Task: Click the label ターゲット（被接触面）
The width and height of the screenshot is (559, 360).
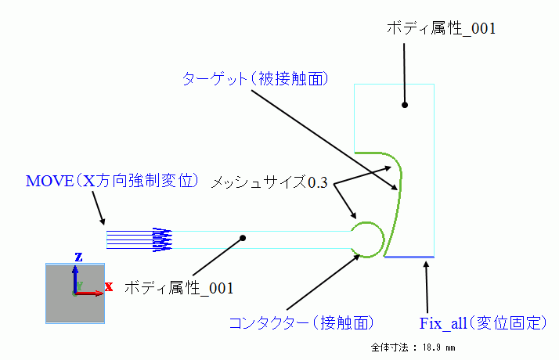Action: click(x=254, y=79)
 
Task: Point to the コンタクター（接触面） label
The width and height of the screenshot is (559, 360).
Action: click(x=301, y=322)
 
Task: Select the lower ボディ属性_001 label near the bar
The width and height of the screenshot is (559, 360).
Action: click(x=179, y=288)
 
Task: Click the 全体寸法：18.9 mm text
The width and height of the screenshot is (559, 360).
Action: click(x=413, y=346)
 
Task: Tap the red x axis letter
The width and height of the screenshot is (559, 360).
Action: click(x=109, y=286)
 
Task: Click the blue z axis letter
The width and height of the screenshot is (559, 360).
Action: click(x=78, y=257)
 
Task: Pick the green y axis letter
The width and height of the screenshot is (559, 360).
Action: click(x=79, y=286)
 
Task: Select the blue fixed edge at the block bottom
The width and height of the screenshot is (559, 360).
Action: click(x=409, y=257)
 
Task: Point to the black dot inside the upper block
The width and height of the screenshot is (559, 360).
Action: click(x=405, y=104)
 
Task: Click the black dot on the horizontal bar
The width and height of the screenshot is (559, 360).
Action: click(x=243, y=238)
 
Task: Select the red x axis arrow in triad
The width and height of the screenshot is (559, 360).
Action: click(x=91, y=293)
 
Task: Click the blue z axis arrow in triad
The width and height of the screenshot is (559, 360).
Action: click(x=75, y=278)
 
